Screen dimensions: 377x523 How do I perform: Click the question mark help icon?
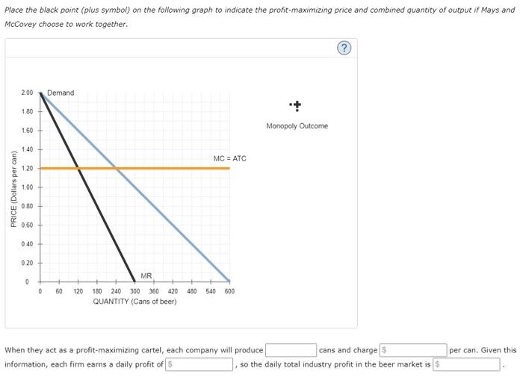click(x=344, y=49)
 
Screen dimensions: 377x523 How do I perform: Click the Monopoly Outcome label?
click(x=297, y=126)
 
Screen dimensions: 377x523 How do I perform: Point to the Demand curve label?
click(x=61, y=93)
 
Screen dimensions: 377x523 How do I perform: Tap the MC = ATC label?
click(x=229, y=158)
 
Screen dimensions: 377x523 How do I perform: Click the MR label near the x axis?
click(x=146, y=276)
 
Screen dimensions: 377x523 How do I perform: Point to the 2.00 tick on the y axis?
click(x=27, y=93)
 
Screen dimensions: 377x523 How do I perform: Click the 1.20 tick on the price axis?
click(x=27, y=169)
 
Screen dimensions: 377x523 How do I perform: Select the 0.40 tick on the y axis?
click(x=27, y=244)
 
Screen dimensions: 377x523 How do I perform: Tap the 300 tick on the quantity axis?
click(x=135, y=291)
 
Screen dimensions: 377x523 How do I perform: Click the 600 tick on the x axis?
click(x=229, y=291)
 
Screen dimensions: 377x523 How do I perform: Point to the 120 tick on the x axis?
click(x=78, y=291)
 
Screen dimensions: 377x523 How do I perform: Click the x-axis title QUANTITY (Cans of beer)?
click(x=134, y=302)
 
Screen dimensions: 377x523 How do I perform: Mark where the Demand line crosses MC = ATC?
click(x=116, y=168)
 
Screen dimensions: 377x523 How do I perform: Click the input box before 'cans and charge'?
click(x=291, y=349)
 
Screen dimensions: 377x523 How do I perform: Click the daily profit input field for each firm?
click(x=199, y=364)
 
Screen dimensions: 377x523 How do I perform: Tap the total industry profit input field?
click(x=467, y=364)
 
